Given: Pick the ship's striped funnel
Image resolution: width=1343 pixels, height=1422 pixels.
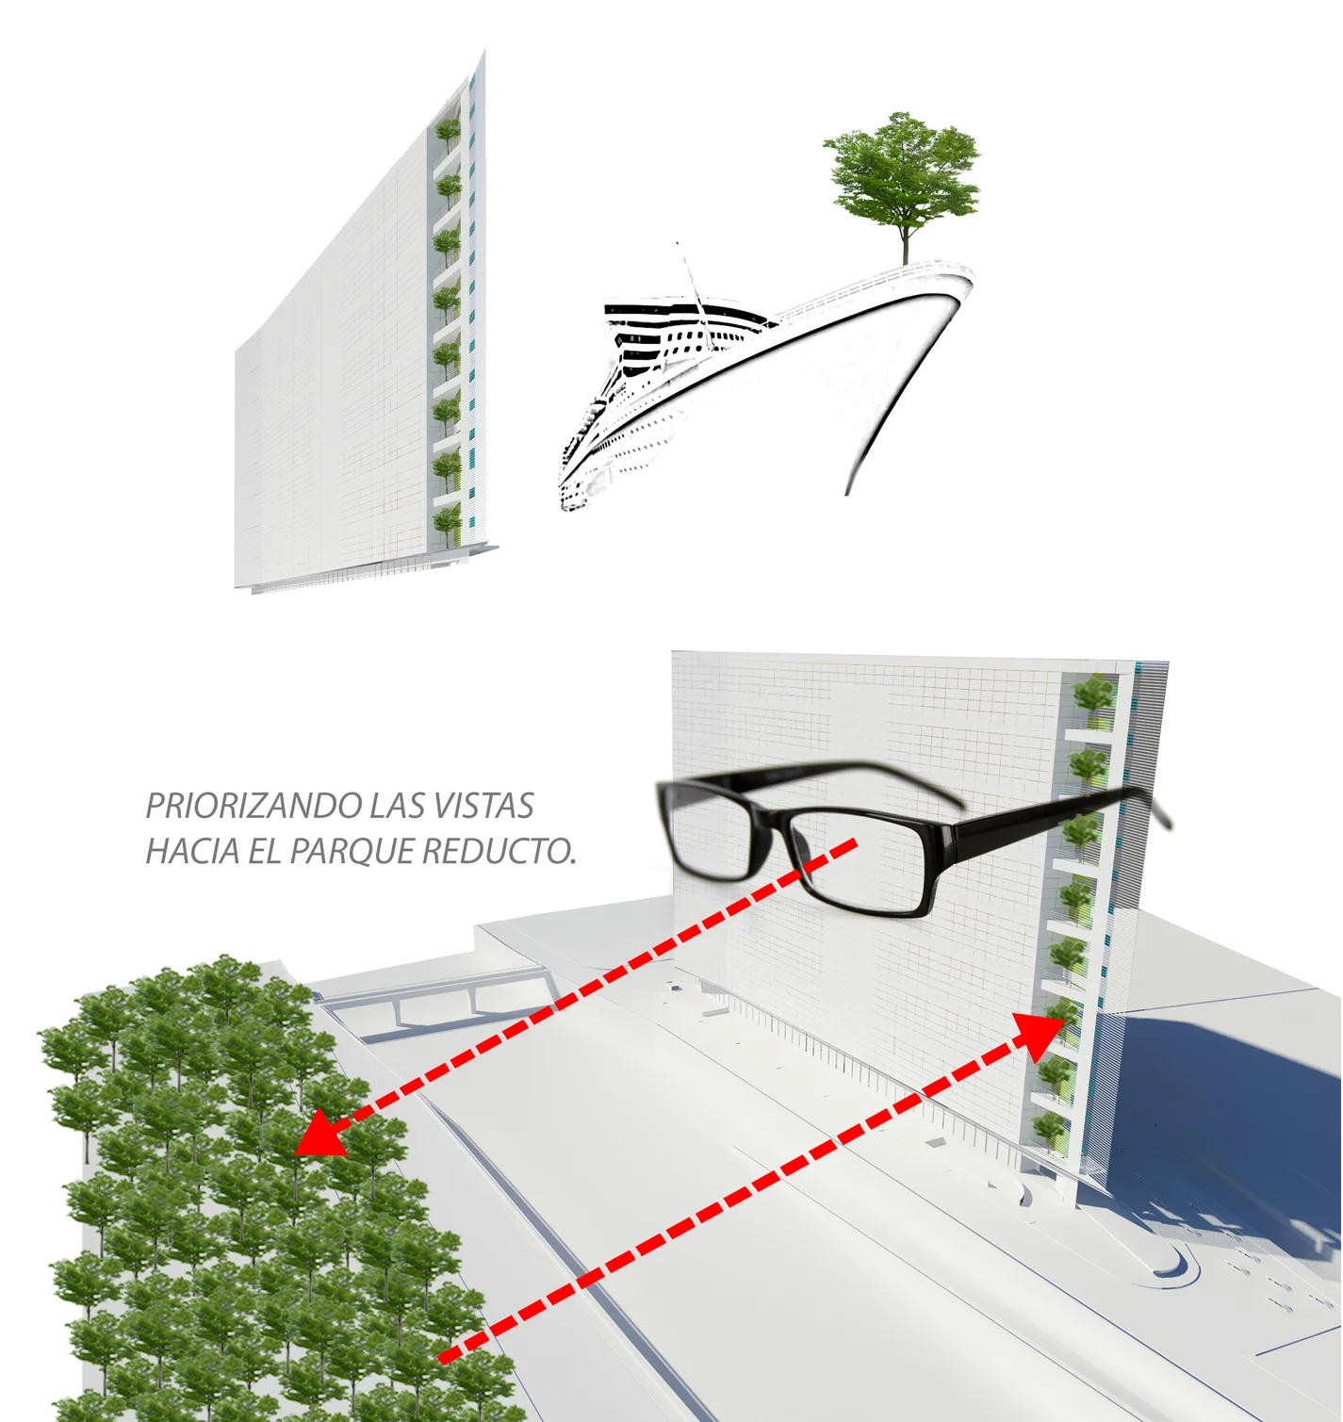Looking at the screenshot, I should [x=660, y=310].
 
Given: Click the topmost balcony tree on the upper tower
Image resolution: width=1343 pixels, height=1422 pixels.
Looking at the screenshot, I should [x=448, y=130].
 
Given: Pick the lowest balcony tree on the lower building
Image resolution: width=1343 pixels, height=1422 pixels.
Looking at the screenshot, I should [x=1049, y=1127].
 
